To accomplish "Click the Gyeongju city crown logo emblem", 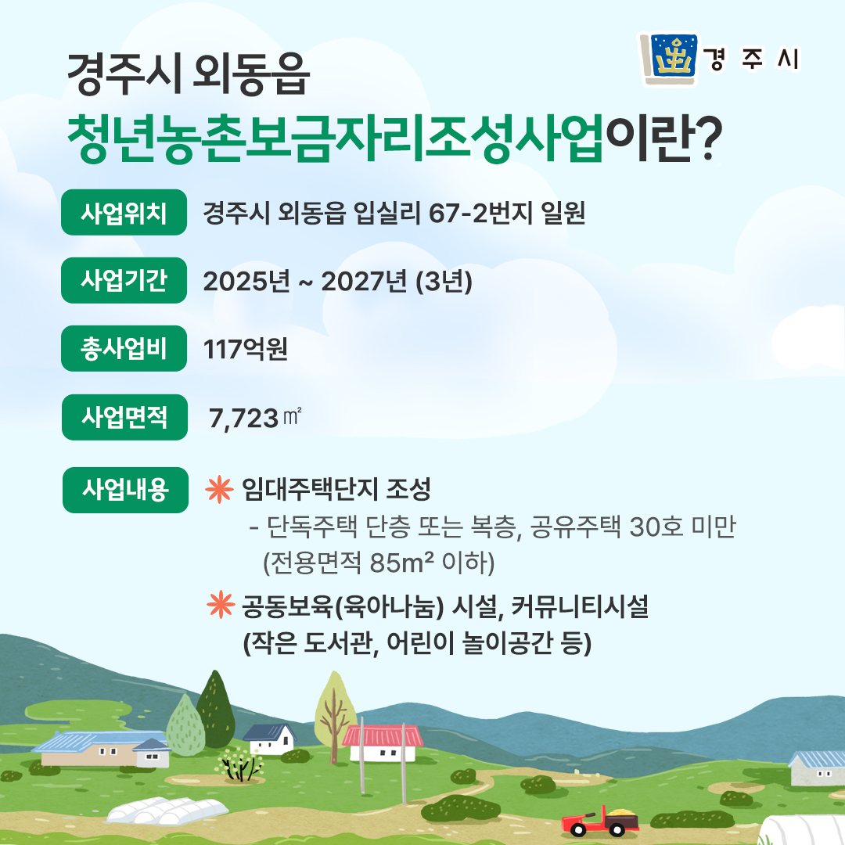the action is (669, 59).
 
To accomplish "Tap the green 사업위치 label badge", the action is (124, 212).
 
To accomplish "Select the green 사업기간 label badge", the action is (124, 280).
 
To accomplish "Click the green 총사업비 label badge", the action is (124, 348).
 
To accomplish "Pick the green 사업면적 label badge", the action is (124, 417).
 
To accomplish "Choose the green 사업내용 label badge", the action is (125, 490).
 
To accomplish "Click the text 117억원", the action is (245, 349).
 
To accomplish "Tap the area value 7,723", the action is (243, 419).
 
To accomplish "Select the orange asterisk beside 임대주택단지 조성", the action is (219, 490).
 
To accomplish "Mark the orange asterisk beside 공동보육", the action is (221, 605).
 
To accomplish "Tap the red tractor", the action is (599, 822).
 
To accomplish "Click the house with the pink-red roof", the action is (383, 743).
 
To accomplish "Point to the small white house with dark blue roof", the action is (269, 739).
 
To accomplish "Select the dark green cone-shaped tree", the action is (216, 709).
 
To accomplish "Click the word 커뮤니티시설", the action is (579, 607).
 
